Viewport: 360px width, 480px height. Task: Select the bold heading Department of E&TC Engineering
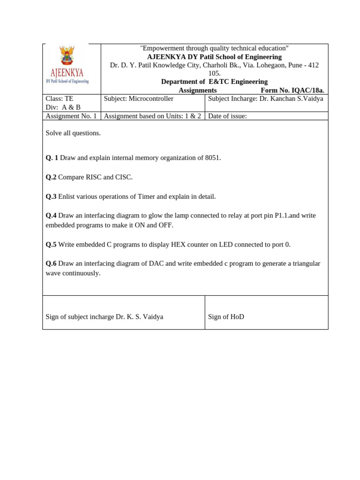(x=214, y=82)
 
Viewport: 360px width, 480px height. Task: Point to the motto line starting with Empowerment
(x=214, y=48)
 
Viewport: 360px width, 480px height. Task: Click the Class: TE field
(x=60, y=98)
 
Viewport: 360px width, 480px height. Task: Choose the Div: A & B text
(x=63, y=107)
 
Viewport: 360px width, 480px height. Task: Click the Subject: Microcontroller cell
(x=138, y=98)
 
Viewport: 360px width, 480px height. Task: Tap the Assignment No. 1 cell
(x=71, y=116)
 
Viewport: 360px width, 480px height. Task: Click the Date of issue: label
(x=227, y=116)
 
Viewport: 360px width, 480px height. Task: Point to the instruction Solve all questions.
(x=73, y=133)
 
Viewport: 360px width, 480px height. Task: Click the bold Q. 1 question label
(x=52, y=157)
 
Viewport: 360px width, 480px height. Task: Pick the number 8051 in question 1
(x=212, y=157)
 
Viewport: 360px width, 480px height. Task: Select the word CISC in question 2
(x=124, y=177)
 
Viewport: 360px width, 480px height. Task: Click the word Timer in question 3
(x=147, y=196)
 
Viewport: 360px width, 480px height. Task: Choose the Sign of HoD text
(x=226, y=317)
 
